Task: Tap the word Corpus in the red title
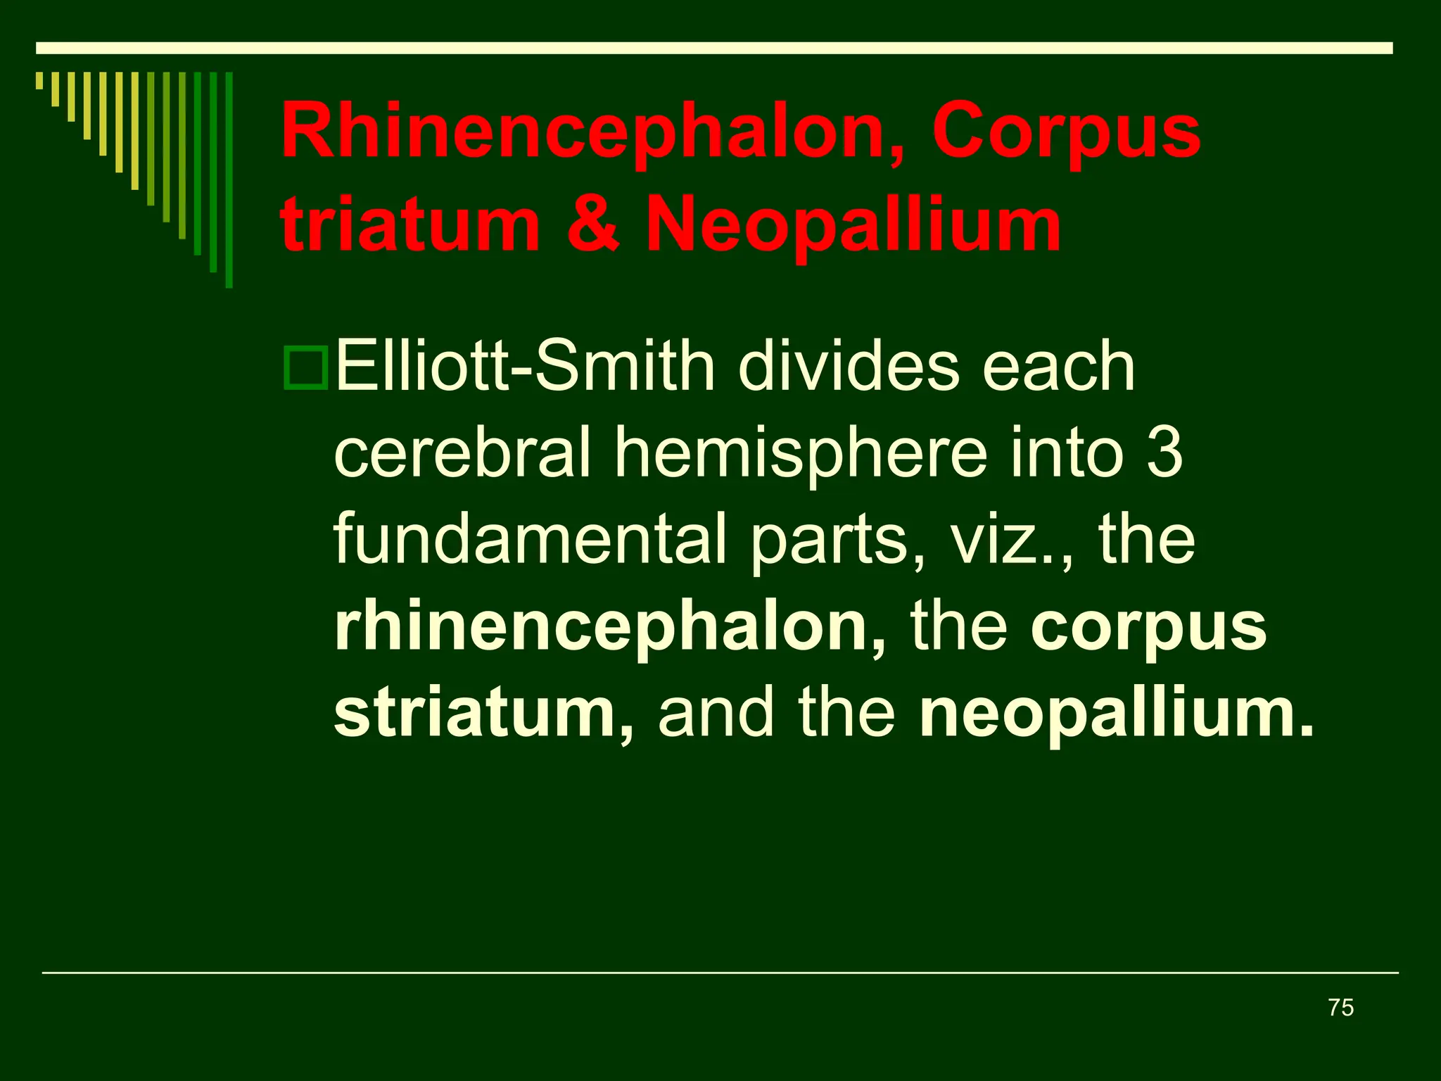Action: [1067, 132]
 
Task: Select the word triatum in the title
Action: [410, 226]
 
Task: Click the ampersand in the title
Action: [593, 225]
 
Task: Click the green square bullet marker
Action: [306, 367]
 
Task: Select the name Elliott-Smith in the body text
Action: [525, 367]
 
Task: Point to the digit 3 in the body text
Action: [1164, 454]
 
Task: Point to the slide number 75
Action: [1340, 1007]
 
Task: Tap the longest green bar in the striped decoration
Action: [229, 180]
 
